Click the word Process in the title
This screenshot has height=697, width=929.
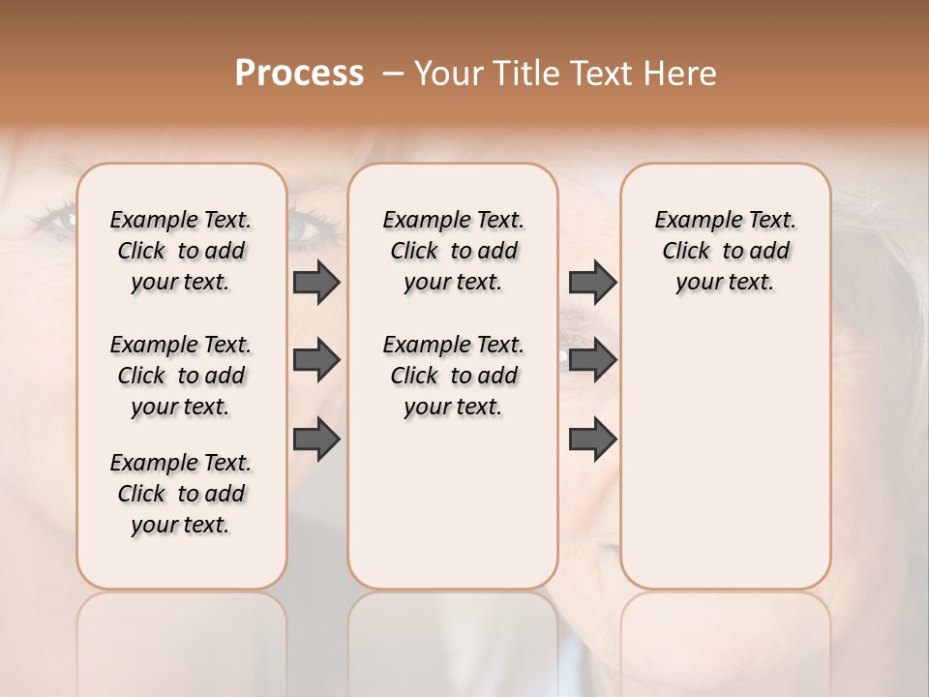coord(299,74)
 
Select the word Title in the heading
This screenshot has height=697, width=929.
coord(530,74)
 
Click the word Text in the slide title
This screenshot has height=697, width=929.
coord(604,74)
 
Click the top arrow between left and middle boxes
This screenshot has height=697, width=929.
coord(316,282)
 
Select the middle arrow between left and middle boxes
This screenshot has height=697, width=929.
coord(316,360)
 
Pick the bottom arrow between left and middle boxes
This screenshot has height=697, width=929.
coord(316,439)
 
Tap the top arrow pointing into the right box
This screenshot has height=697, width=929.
coord(592,282)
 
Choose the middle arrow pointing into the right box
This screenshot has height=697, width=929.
coord(592,360)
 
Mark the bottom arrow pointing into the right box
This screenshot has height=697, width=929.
coord(592,439)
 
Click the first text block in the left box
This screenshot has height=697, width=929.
coord(181,251)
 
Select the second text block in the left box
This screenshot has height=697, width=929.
coord(181,376)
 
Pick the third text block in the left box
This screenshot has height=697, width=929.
coord(181,494)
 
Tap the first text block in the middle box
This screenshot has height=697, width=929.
coord(453,251)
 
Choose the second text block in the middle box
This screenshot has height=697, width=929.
coord(453,376)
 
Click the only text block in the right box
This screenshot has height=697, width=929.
coord(725,251)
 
